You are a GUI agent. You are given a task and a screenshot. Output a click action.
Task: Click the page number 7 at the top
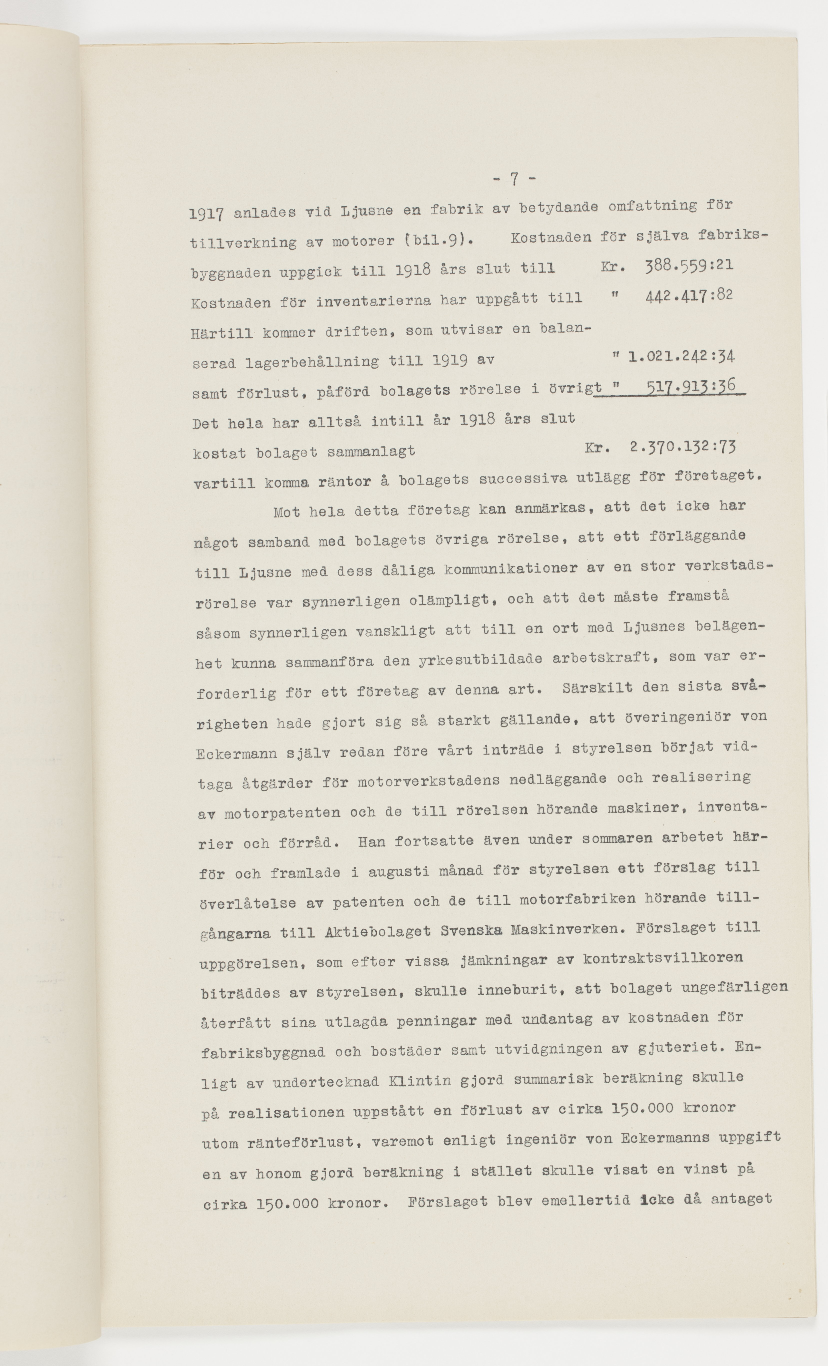[x=514, y=178]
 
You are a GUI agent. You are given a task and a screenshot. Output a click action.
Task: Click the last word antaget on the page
[x=742, y=1199]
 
